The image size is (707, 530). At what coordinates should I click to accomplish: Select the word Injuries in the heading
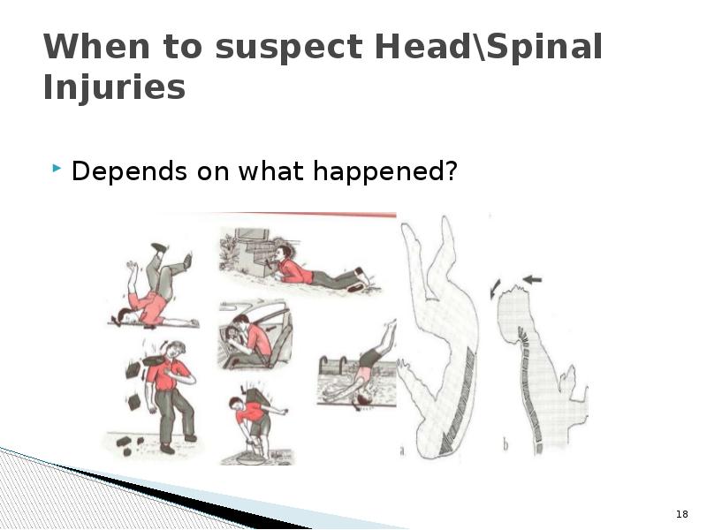114,88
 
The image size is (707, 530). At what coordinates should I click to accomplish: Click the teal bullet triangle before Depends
58,168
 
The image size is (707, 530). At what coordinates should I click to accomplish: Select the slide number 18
681,514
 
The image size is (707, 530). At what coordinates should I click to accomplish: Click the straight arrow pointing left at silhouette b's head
532,280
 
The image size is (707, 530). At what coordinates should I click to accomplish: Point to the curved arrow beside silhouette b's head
495,287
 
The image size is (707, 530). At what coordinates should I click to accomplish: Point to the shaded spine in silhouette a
460,389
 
